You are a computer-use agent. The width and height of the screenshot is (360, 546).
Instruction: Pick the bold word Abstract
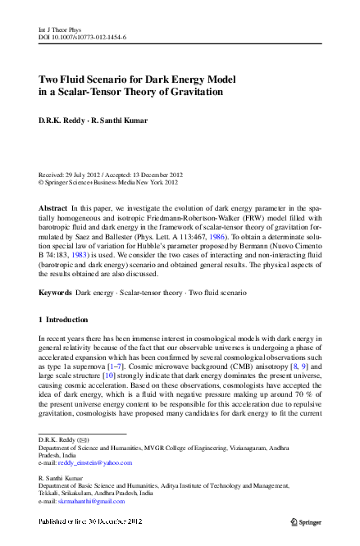pyautogui.click(x=53, y=209)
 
